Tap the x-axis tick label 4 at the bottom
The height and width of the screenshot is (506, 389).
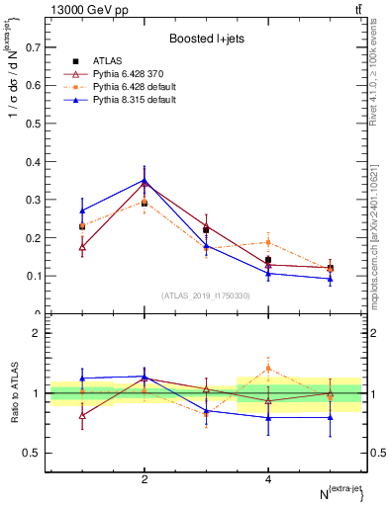[x=268, y=479]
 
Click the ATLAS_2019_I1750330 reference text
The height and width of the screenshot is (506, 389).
[x=206, y=295]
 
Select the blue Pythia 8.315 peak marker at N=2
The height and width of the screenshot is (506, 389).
[x=145, y=181]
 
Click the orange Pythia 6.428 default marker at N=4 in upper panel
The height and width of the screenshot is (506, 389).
[x=268, y=242]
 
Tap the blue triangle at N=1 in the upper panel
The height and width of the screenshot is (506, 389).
[x=82, y=211]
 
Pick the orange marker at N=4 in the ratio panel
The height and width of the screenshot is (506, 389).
[x=268, y=368]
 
